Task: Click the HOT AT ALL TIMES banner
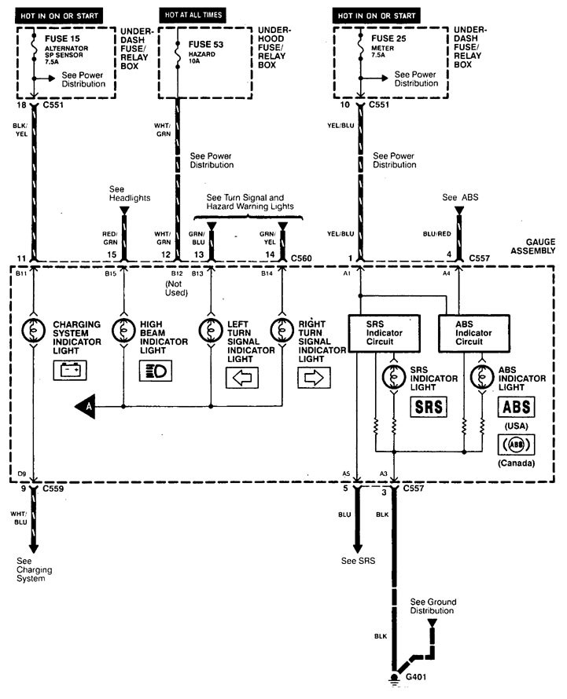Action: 193,15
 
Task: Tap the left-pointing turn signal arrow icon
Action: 242,377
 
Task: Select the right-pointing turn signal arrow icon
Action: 312,377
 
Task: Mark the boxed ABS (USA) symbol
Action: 515,407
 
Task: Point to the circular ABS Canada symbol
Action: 515,444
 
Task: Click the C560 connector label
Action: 303,257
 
